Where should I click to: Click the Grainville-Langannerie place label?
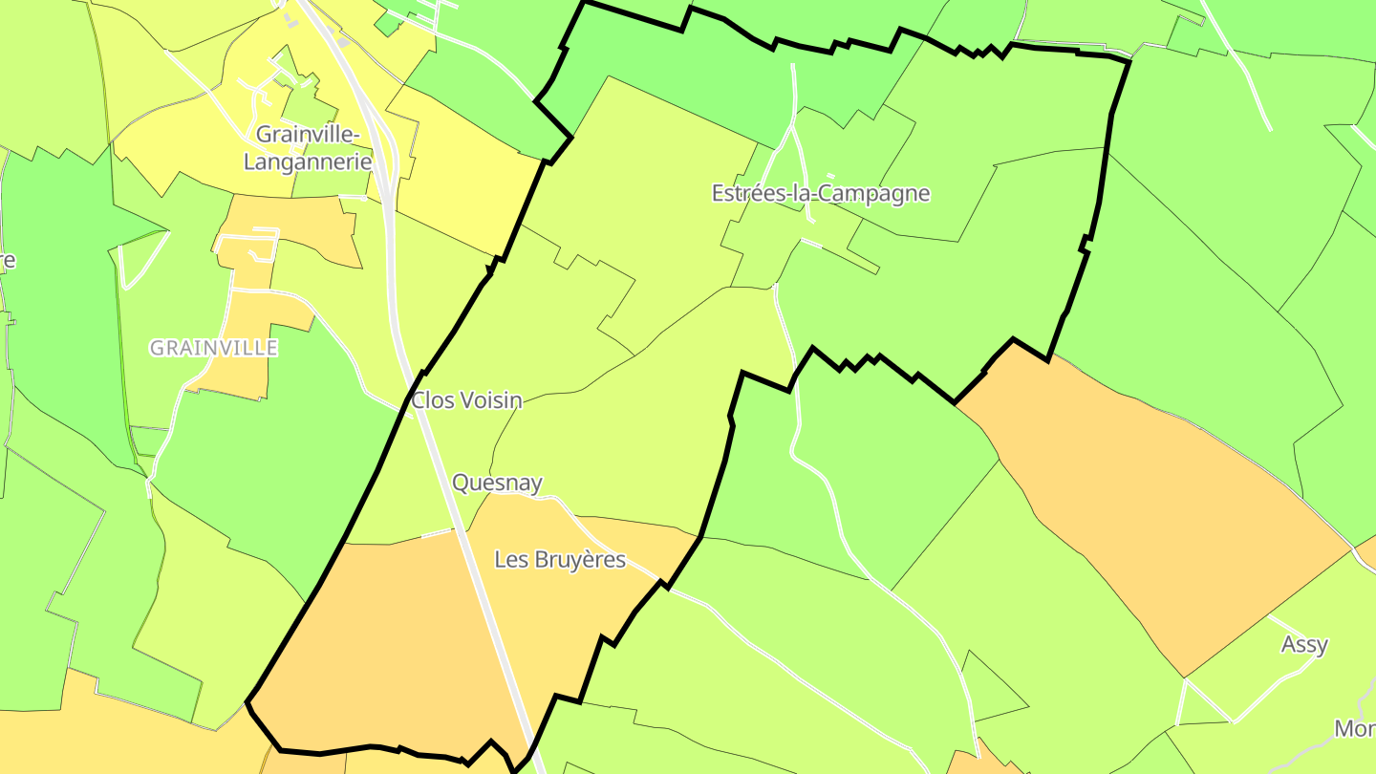[307, 147]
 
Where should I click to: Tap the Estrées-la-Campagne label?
[820, 193]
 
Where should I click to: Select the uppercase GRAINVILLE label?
[213, 348]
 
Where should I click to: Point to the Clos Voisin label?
[466, 400]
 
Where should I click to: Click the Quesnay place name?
[497, 483]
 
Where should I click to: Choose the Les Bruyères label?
[559, 559]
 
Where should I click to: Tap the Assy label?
[1304, 644]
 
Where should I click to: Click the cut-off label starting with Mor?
[1354, 728]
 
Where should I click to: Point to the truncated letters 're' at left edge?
[7, 260]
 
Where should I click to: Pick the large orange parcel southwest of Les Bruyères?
[382, 640]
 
